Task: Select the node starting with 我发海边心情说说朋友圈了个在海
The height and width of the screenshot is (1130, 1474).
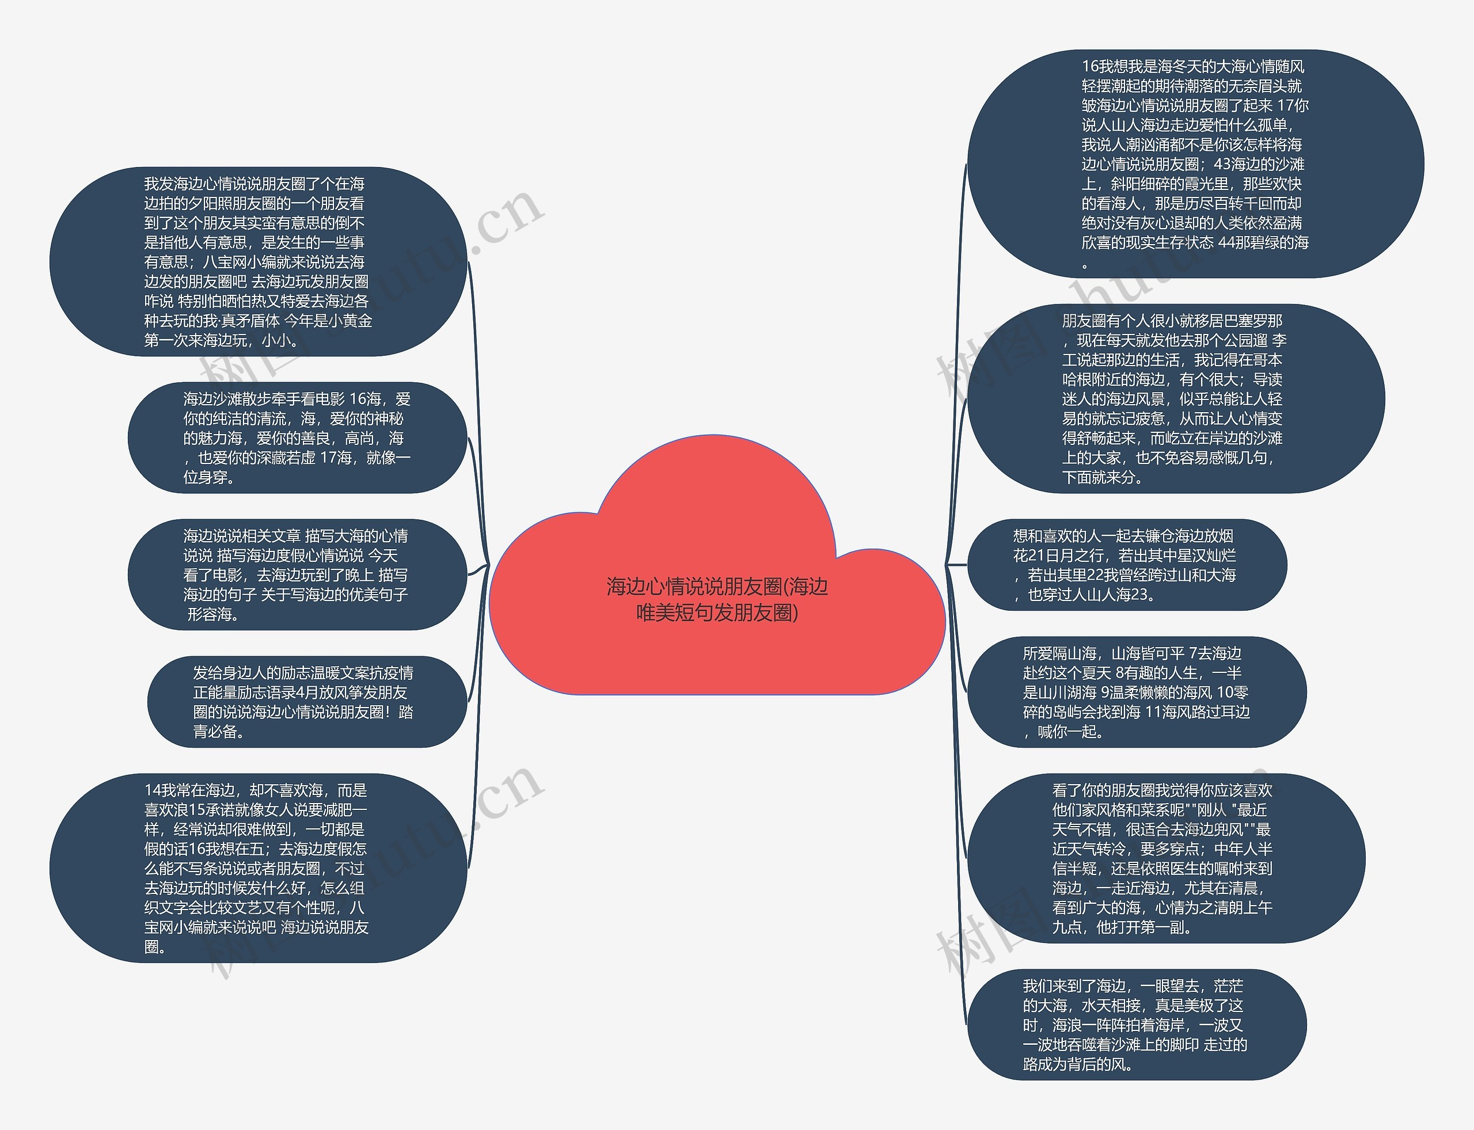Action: coord(258,262)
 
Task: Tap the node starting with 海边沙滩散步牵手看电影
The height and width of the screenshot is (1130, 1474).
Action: coord(297,438)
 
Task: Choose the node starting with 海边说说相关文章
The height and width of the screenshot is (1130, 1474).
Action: coord(297,574)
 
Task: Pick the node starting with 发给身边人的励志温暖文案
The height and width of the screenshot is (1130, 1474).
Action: coord(306,702)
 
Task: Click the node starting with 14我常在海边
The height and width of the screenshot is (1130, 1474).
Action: coord(258,868)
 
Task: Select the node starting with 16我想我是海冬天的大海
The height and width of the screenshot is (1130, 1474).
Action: coord(1195,163)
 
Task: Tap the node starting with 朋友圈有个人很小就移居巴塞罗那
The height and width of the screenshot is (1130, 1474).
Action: coord(1175,398)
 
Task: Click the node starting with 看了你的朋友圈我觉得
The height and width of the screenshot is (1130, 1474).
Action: coord(1165,858)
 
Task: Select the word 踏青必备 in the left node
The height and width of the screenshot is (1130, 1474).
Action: coord(407,712)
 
